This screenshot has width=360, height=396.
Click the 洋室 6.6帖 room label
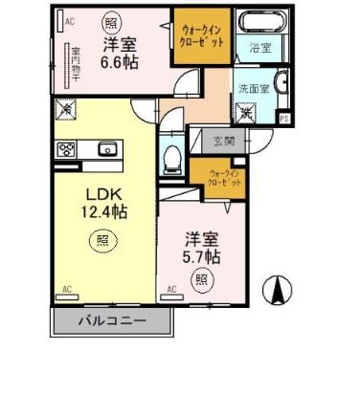point(120,55)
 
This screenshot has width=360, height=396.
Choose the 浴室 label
point(260,45)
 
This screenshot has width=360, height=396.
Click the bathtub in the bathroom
point(259,22)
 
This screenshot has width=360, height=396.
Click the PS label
point(284,118)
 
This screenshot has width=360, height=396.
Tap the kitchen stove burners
point(68,148)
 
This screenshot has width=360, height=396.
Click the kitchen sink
point(106,148)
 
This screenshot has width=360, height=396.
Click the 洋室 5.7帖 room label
point(202,248)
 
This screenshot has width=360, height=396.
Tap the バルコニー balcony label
point(111,321)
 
